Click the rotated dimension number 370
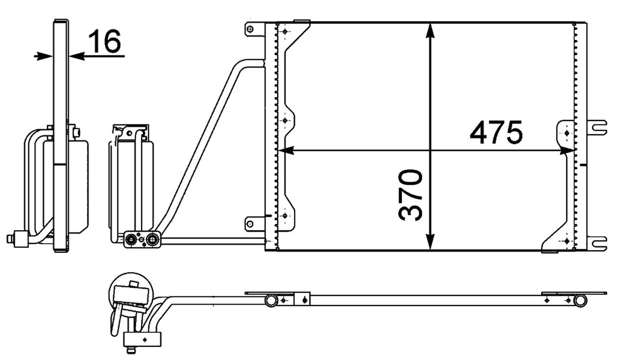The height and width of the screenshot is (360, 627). (410, 194)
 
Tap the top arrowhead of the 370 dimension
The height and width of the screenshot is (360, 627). (430, 30)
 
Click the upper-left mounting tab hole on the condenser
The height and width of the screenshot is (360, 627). (250, 29)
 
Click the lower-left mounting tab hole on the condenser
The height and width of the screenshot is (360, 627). (250, 224)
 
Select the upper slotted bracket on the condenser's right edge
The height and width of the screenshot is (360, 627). (598, 127)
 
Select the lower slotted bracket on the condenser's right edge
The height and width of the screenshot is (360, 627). (598, 243)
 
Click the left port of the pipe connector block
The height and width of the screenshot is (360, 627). (131, 240)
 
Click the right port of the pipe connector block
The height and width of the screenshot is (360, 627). (153, 240)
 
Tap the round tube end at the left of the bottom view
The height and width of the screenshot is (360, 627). (271, 300)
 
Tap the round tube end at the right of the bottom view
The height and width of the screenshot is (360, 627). (580, 300)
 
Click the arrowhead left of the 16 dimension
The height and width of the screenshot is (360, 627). (44, 56)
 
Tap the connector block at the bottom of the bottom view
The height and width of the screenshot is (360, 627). (142, 338)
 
